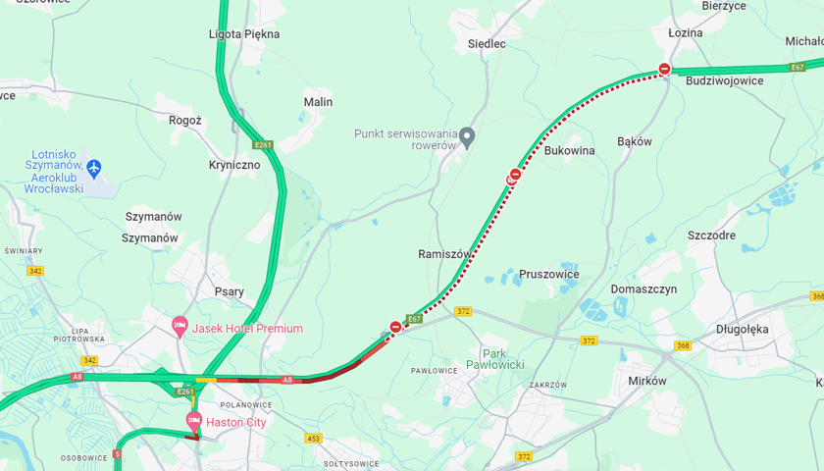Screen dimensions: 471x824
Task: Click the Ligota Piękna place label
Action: [244, 34]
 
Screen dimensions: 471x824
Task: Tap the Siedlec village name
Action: [487, 44]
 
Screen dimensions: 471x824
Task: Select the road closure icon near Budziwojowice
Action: [665, 69]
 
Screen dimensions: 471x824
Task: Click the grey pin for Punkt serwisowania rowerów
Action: [467, 135]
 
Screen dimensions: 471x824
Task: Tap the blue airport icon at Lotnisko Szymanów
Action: [94, 168]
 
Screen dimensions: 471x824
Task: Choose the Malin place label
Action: [318, 102]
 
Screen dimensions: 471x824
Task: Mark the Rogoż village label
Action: [185, 121]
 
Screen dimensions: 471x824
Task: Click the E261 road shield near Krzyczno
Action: [262, 145]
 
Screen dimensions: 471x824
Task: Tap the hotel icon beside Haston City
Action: [194, 421]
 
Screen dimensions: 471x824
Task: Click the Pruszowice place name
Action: [548, 274]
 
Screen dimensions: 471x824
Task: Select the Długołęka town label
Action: [743, 329]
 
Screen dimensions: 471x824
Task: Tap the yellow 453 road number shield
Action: [313, 439]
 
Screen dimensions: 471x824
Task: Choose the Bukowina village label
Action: [569, 151]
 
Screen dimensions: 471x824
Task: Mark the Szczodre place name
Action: [711, 235]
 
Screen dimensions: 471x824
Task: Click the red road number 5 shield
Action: [117, 454]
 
